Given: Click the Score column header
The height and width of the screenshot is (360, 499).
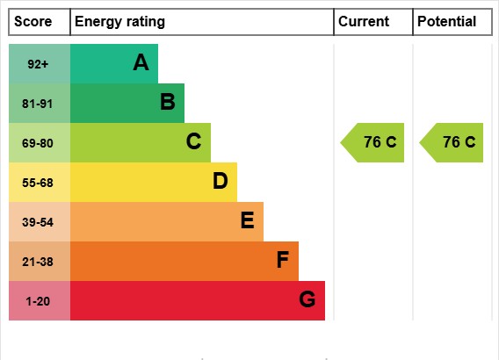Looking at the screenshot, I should tap(33, 22).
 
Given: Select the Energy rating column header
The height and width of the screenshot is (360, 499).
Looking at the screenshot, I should tap(119, 22).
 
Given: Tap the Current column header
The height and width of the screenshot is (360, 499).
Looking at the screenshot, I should tap(364, 22).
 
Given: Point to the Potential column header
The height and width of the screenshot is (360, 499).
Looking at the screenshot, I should tap(446, 22).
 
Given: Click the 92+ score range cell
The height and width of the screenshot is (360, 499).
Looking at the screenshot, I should tap(39, 64).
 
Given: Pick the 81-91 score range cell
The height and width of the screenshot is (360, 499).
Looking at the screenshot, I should tap(39, 104).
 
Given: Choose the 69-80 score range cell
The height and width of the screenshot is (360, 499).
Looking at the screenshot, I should tap(39, 143).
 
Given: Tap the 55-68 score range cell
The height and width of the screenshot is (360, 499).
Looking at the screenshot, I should tap(39, 183).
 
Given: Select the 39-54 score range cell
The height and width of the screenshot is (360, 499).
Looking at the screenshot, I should tap(39, 222).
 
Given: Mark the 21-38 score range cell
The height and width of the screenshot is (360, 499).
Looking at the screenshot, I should tap(39, 262).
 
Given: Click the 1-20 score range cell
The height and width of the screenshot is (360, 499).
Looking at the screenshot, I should tap(39, 301).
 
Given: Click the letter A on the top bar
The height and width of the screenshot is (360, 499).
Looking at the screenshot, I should tap(141, 63).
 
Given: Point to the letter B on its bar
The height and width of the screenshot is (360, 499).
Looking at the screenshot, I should tap(167, 103).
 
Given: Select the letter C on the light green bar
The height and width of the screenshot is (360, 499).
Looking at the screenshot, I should tap(193, 142).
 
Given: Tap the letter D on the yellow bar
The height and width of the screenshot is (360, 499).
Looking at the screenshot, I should tap(220, 182).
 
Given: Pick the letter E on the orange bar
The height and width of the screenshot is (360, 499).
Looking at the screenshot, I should tap(247, 221).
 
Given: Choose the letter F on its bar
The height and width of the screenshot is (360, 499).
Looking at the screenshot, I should tap(282, 261).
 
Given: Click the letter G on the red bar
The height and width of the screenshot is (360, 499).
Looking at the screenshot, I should tap(307, 300).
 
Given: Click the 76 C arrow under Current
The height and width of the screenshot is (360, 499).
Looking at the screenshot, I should tap(373, 143).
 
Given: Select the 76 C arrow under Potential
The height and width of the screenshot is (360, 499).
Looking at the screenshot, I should tap(452, 143).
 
